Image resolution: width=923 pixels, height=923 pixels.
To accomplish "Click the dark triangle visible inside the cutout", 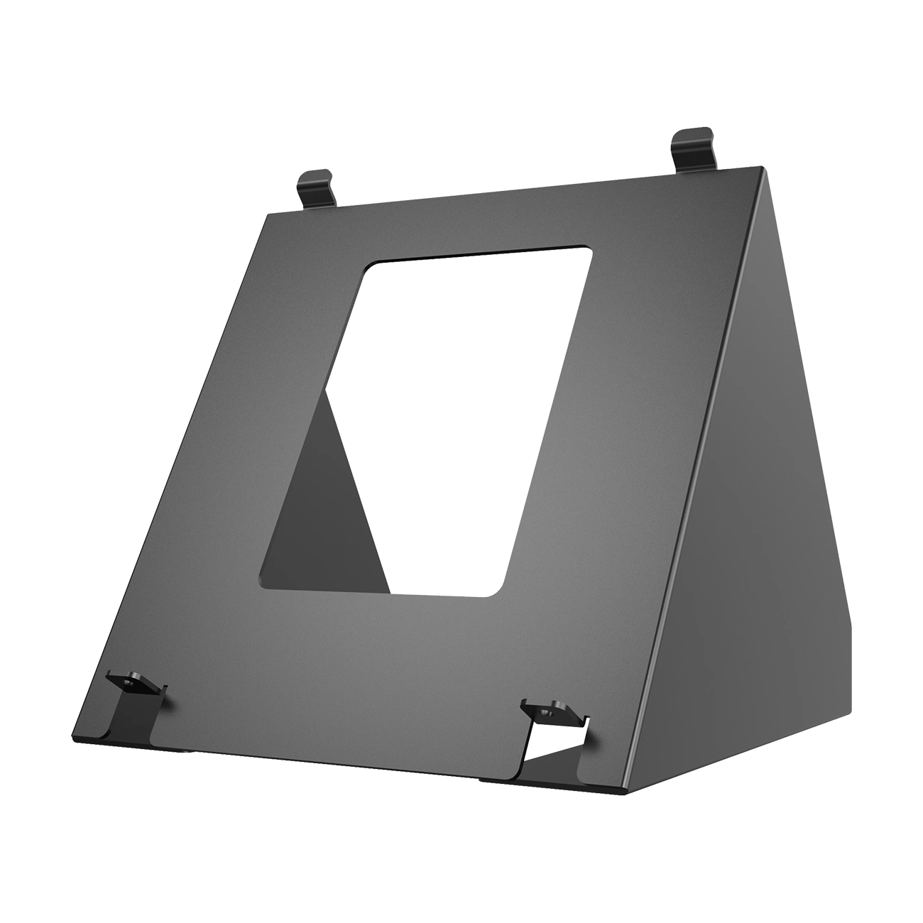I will pos(327,525).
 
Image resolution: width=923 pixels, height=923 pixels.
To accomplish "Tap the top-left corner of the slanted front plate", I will pos(264,212).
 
